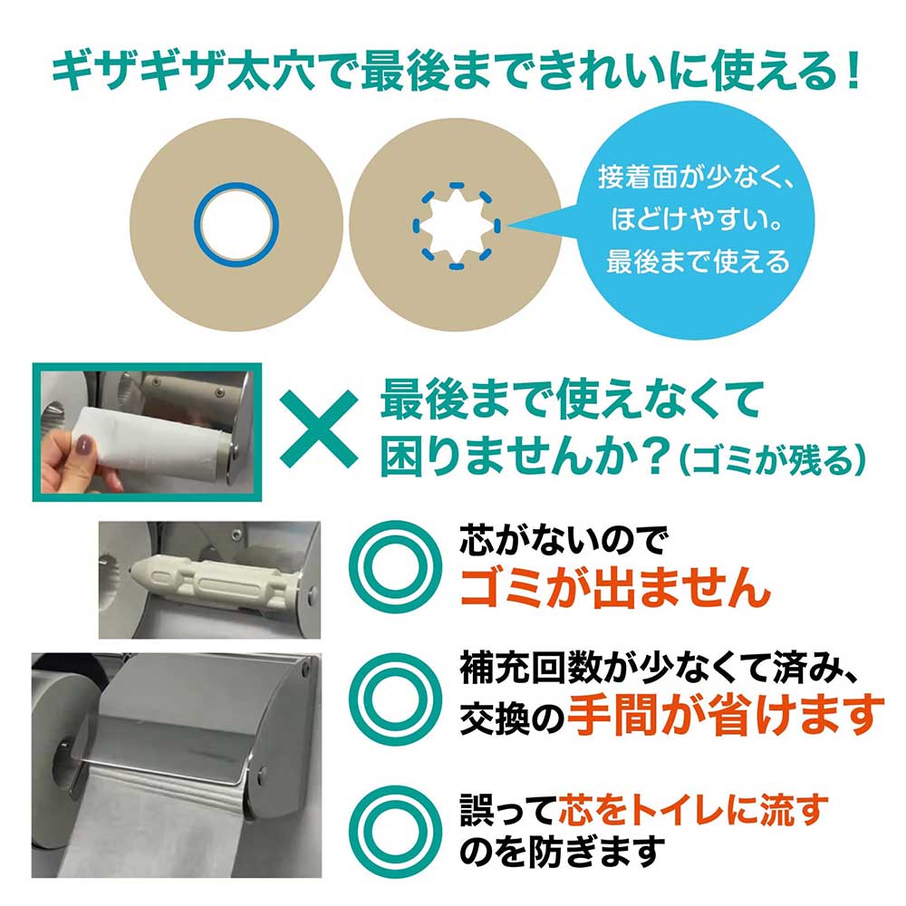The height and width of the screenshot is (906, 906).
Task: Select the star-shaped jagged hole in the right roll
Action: pos(456,226)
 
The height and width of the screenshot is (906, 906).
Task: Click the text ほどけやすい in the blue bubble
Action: pos(696,219)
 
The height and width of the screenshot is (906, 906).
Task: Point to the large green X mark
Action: pos(319,429)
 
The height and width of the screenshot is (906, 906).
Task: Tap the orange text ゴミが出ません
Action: pos(614,586)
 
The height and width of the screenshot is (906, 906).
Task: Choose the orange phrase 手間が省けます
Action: pos(726,714)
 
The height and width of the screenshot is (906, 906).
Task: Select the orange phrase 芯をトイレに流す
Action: pos(693,809)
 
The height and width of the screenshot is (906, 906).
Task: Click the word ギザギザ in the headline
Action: pos(136,72)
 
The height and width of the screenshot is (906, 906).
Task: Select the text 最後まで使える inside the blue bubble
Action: pos(698,262)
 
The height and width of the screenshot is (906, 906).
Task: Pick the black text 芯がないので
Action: pos(563,540)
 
